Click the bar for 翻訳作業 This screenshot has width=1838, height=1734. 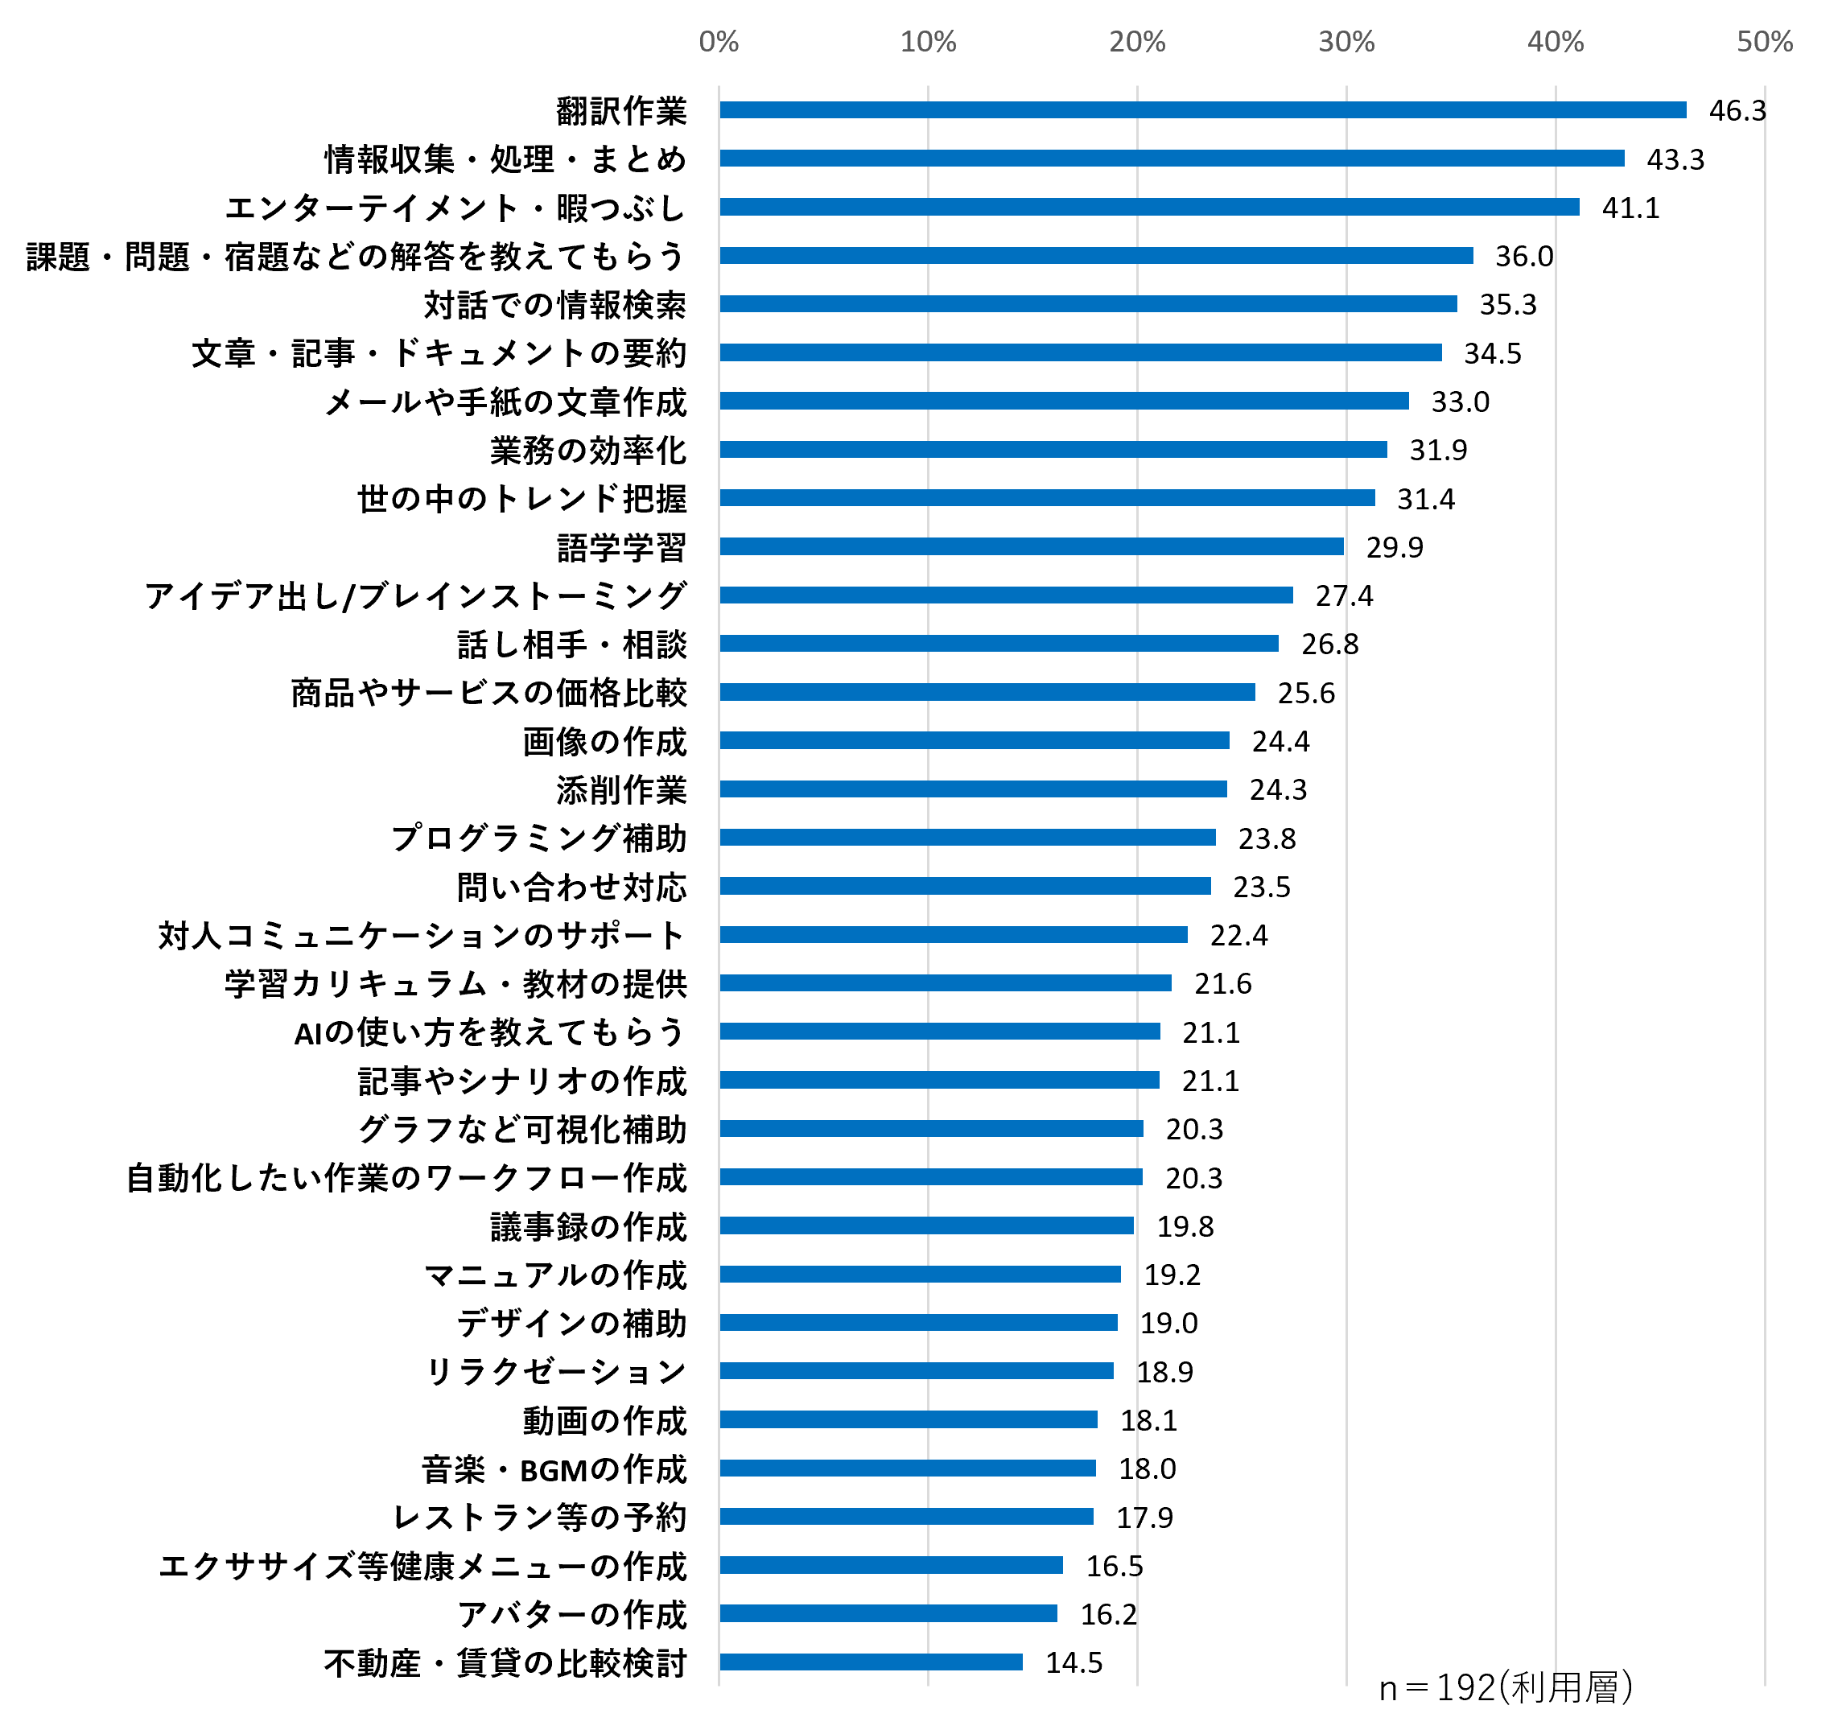pyautogui.click(x=1202, y=110)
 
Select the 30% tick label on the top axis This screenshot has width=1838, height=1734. pyautogui.click(x=1346, y=42)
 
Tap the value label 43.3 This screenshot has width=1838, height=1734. pyautogui.click(x=1675, y=159)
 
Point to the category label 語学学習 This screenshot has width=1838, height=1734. pyautogui.click(x=621, y=547)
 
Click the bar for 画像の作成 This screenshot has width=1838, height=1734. pyautogui.click(x=975, y=740)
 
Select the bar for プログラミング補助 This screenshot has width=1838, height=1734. pyautogui.click(x=967, y=838)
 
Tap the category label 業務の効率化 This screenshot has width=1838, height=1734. pyautogui.click(x=588, y=450)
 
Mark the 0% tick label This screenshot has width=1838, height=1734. pyautogui.click(x=719, y=42)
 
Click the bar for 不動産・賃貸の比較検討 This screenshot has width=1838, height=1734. pyautogui.click(x=871, y=1662)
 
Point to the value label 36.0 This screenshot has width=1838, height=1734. pyautogui.click(x=1523, y=256)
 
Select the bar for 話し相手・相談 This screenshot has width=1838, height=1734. pyautogui.click(x=999, y=644)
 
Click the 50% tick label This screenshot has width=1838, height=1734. pyautogui.click(x=1764, y=42)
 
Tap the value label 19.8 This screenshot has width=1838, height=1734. pyautogui.click(x=1185, y=1226)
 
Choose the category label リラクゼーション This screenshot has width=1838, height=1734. pyautogui.click(x=555, y=1372)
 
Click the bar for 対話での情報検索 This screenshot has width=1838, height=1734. pyautogui.click(x=1088, y=304)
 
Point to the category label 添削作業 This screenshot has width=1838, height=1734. pyautogui.click(x=621, y=790)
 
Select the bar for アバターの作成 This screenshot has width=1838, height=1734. pyautogui.click(x=888, y=1613)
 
